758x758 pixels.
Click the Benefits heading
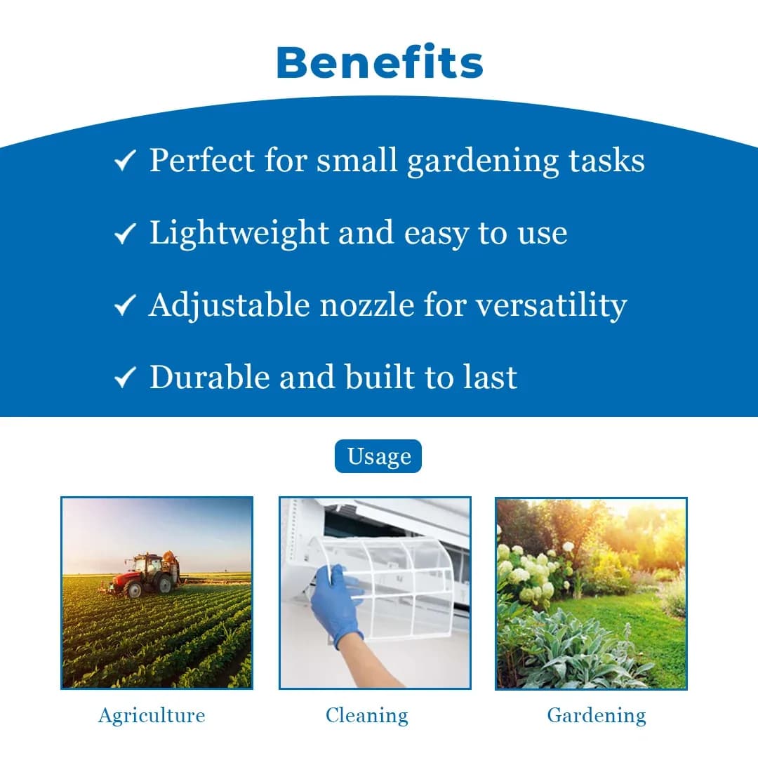tap(380, 62)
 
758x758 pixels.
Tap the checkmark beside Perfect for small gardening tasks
tap(124, 162)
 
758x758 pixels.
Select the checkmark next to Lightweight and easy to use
tap(124, 234)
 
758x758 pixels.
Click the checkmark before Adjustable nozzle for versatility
tap(124, 306)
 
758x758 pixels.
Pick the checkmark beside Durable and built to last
tap(124, 378)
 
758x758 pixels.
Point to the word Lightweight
tap(238, 234)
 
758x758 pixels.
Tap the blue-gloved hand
tap(336, 603)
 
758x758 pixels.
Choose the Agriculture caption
tap(152, 716)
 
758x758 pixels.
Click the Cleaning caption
tap(366, 716)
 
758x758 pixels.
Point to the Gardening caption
tap(597, 716)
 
